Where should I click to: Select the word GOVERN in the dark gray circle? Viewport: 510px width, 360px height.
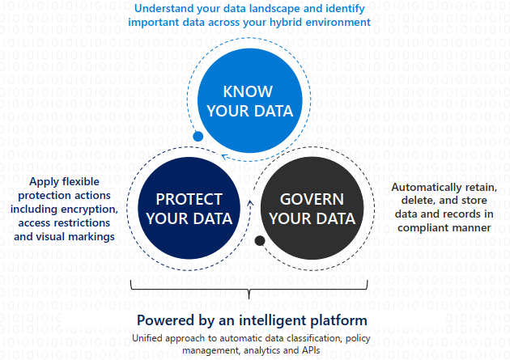[312, 199]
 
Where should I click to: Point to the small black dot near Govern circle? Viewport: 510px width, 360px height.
[260, 240]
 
